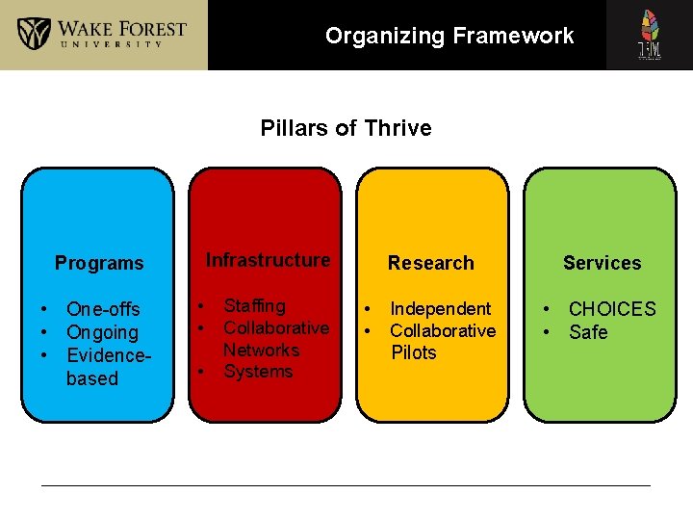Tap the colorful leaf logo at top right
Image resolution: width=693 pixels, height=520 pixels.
(x=650, y=35)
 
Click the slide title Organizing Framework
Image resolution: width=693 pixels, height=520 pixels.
(x=449, y=37)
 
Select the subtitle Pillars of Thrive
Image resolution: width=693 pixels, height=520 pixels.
(x=346, y=128)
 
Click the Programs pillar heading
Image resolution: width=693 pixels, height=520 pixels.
(x=99, y=263)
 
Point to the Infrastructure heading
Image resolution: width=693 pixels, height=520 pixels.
(x=268, y=260)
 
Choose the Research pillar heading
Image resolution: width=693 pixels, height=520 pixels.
(x=430, y=263)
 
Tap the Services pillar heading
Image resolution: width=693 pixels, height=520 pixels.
(x=602, y=263)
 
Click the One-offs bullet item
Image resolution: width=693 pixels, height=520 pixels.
(x=103, y=309)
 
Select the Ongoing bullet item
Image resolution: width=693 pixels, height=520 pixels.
(x=102, y=332)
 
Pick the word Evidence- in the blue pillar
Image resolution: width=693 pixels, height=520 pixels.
(x=106, y=355)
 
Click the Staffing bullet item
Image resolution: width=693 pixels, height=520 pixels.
(x=254, y=306)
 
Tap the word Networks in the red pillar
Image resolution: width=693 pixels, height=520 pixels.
(x=261, y=350)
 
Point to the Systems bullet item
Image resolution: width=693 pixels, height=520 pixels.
(x=258, y=372)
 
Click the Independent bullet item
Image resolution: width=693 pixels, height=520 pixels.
(x=440, y=309)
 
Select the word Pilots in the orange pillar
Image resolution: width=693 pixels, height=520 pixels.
(x=414, y=352)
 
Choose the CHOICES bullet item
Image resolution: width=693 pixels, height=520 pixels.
(x=612, y=309)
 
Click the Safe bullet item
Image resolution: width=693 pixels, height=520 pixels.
(x=588, y=332)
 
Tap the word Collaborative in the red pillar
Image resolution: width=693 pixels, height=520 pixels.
(x=276, y=328)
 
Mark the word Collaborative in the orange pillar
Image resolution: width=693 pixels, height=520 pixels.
(x=443, y=331)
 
